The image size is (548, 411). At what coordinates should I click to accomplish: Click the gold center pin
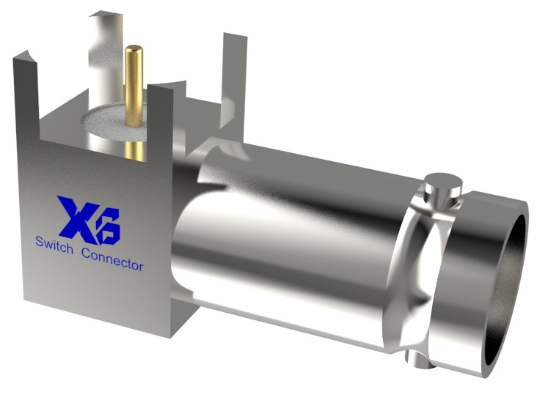tap(134, 88)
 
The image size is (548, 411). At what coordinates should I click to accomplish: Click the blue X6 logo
tap(89, 219)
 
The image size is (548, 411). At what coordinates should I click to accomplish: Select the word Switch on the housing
tap(54, 246)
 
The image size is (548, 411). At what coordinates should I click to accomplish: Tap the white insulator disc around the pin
tap(110, 121)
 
